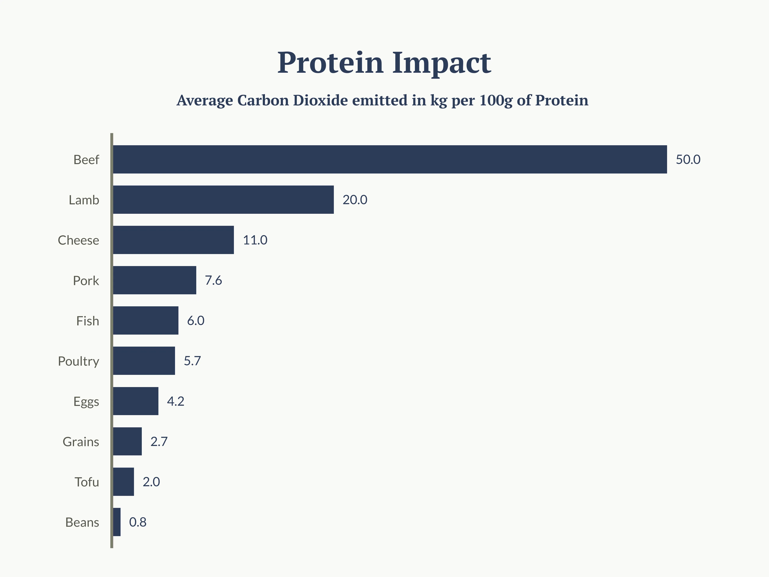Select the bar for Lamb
click(223, 200)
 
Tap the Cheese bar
click(173, 240)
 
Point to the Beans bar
click(117, 522)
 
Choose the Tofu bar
click(123, 482)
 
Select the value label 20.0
click(355, 200)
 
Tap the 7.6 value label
click(213, 280)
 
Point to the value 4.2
click(176, 401)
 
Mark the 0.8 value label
click(138, 522)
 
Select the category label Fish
click(88, 321)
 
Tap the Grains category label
click(81, 442)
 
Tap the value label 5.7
click(192, 361)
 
